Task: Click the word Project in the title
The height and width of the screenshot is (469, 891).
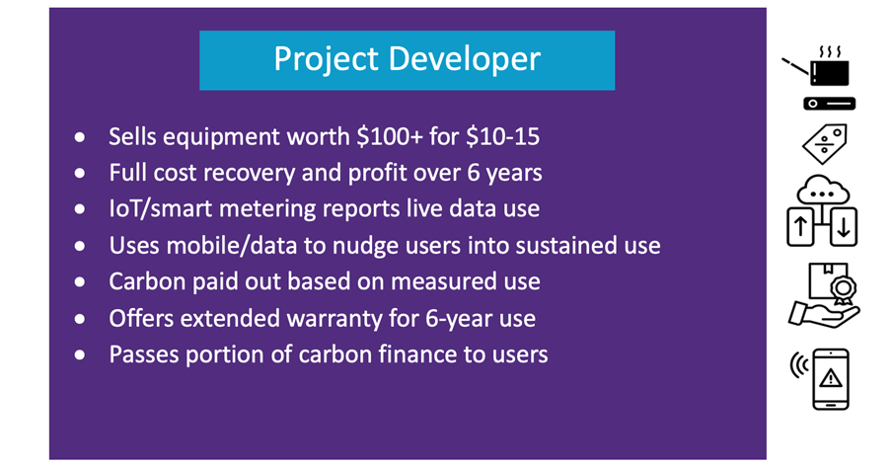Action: [327, 59]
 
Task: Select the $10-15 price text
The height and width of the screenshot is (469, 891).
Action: [502, 136]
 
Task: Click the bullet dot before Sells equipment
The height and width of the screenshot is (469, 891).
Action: [80, 137]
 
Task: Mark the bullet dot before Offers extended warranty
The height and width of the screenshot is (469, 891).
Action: [80, 319]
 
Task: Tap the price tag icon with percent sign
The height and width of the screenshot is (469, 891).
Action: [825, 144]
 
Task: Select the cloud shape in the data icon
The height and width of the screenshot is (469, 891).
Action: [823, 190]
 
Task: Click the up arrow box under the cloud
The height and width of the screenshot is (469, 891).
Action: [800, 227]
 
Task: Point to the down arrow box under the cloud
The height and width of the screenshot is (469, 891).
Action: [844, 227]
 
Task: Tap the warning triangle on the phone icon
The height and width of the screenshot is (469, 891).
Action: [831, 377]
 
